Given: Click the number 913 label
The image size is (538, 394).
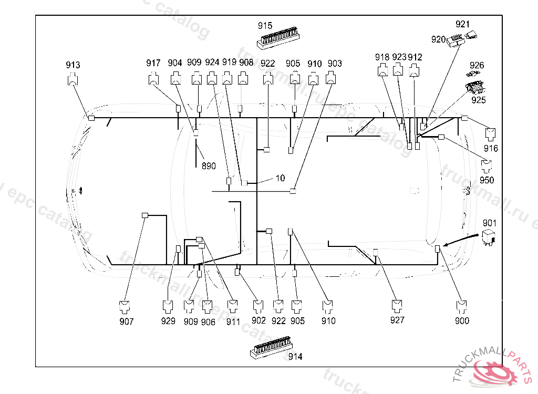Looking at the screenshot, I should point(73,65).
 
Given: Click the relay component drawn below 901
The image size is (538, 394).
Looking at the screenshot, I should point(490,237).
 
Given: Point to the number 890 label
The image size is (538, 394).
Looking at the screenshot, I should point(209,166).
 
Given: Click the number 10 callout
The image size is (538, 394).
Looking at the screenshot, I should point(280,178).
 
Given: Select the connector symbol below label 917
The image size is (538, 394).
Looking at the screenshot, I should point(153,79).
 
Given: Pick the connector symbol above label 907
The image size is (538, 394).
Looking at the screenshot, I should point(125,306).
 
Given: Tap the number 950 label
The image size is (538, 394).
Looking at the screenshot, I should point(487,180).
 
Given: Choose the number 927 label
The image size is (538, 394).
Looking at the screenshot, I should point(398,320).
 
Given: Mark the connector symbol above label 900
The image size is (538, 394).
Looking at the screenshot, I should point(462,306).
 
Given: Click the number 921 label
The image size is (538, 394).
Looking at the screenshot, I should point(462,24).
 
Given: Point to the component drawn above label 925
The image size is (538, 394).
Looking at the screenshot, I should point(475,87).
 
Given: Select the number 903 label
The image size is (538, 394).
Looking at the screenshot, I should point(335,64).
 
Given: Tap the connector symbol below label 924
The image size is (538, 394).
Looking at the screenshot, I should point(212,79).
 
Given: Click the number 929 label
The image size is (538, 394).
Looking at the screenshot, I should point(168,321).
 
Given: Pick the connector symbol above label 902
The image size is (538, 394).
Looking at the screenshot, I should point(258,306).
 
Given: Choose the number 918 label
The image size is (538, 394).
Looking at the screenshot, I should point(382,57).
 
